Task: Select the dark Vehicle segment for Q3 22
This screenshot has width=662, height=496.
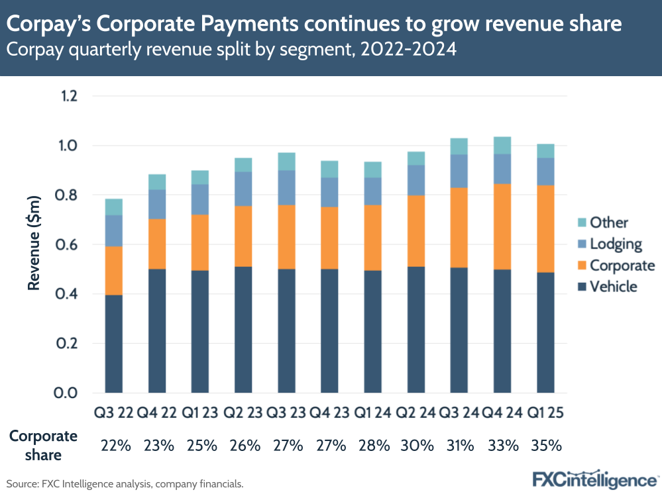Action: click(x=113, y=344)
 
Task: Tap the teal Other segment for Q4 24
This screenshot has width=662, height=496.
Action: click(x=503, y=146)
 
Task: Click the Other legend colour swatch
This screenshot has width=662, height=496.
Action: click(x=579, y=223)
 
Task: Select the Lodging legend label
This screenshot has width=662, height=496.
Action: click(x=616, y=244)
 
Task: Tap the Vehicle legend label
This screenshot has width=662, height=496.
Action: click(x=613, y=287)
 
